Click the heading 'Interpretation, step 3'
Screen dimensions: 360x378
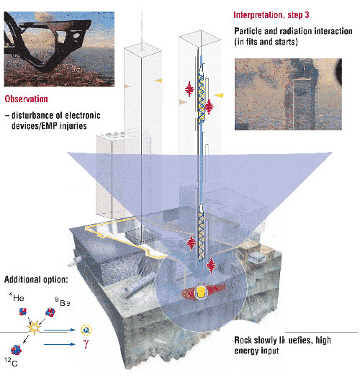(271, 15)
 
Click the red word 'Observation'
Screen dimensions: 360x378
(26, 99)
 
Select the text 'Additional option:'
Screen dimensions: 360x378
(36, 279)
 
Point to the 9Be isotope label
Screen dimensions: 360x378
(63, 302)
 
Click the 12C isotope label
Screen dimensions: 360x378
(11, 362)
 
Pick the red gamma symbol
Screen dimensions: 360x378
(86, 344)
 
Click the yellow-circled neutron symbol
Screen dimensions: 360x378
(86, 330)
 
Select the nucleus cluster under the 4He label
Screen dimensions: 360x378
(23, 312)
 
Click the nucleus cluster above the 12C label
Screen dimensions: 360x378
(16, 350)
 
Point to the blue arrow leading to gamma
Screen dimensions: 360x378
(60, 344)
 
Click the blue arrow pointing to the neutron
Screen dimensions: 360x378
(60, 330)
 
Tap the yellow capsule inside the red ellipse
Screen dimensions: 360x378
(201, 292)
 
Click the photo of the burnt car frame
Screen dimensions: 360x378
(59, 49)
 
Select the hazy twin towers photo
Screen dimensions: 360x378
(288, 94)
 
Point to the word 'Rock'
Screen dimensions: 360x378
(243, 341)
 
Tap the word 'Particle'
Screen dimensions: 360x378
(248, 31)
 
